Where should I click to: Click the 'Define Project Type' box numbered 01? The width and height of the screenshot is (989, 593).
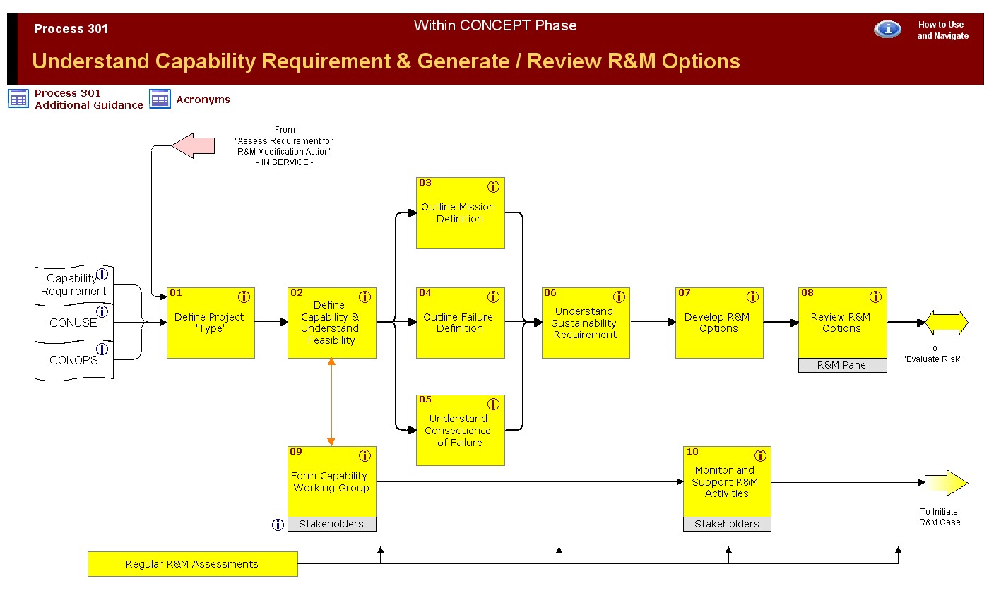[x=211, y=323]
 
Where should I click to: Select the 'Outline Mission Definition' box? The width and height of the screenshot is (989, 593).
[x=460, y=213]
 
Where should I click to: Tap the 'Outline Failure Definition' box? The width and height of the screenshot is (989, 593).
[x=460, y=323]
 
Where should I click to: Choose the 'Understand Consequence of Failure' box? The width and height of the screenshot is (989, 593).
[x=460, y=430]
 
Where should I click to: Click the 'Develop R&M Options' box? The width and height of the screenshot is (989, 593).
[x=719, y=323]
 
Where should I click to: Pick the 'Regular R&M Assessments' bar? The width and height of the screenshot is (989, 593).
[x=192, y=564]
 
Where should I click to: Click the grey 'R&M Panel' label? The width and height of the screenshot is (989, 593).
[x=842, y=365]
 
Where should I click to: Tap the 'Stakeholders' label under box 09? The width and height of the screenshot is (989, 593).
[x=331, y=524]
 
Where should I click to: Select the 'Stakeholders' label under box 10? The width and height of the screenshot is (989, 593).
[x=727, y=524]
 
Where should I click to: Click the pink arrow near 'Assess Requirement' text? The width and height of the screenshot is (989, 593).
[x=194, y=146]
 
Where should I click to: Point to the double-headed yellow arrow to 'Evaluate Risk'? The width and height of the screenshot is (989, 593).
[x=947, y=323]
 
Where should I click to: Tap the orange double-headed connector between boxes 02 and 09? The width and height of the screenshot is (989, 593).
[x=331, y=402]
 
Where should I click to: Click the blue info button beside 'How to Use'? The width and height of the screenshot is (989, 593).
[x=887, y=29]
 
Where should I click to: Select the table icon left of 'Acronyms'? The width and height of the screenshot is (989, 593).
[x=160, y=100]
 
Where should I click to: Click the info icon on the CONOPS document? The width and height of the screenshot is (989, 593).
[x=102, y=349]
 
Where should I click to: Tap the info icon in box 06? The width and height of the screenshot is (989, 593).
[x=619, y=297]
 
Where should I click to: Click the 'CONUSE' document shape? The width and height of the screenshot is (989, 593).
[x=73, y=323]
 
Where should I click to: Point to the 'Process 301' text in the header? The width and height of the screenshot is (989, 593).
[x=71, y=29]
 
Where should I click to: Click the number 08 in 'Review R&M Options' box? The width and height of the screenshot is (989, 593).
[x=807, y=293]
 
